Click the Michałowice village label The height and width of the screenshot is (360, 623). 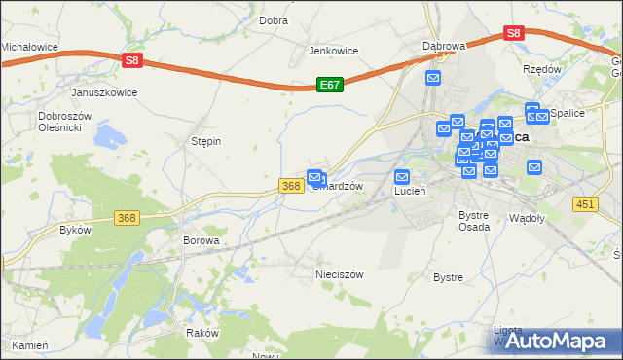click(29, 46)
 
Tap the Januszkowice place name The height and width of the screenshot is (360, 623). click(104, 92)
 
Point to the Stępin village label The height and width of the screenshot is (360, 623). click(205, 141)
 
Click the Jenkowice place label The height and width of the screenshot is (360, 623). click(334, 51)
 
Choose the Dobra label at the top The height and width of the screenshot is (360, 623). click(273, 19)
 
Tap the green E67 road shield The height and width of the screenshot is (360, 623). click(329, 86)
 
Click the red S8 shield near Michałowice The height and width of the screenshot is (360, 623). click(133, 60)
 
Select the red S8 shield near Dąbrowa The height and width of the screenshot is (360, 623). click(515, 33)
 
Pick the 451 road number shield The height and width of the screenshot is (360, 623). click(584, 203)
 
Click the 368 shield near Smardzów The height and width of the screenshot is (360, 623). click(290, 186)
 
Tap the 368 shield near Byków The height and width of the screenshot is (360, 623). click(126, 218)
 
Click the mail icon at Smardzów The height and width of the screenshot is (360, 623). click(315, 177)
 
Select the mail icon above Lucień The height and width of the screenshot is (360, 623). click(402, 177)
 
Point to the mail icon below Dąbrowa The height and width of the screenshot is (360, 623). click(434, 78)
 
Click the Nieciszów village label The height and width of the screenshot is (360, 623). click(339, 274)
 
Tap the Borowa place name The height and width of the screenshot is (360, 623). click(202, 239)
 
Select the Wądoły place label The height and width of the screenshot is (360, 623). click(527, 219)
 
